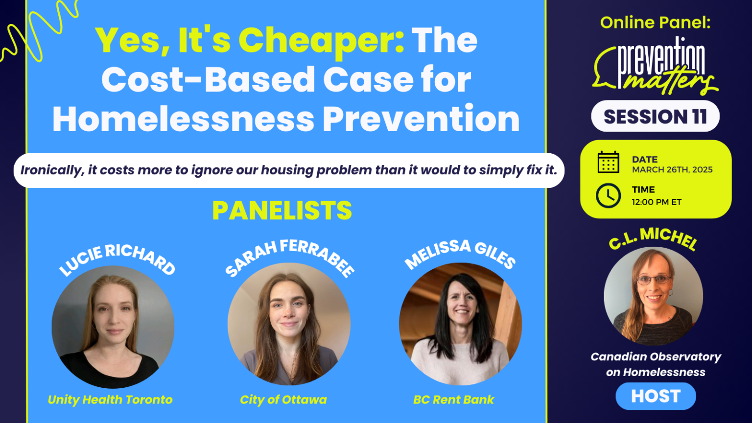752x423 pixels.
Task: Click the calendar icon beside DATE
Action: click(608, 163)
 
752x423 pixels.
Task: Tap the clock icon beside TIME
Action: click(608, 195)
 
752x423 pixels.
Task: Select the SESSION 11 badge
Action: click(655, 117)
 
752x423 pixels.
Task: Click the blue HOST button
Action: click(656, 396)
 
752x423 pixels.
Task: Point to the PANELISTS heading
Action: click(282, 211)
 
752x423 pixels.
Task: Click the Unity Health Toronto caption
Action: click(110, 399)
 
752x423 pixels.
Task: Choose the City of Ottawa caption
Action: click(283, 399)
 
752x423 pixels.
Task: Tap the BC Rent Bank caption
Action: click(453, 399)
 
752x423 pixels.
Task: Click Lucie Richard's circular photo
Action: click(113, 327)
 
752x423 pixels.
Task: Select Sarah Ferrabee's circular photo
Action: click(289, 324)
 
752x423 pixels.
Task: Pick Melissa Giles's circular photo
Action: click(460, 324)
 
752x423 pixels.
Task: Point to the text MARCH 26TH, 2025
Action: click(672, 170)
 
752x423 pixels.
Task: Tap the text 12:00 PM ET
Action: click(656, 202)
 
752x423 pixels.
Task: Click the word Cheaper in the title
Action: click(321, 40)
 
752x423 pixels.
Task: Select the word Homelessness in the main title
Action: click(184, 119)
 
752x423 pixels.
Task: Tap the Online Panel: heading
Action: click(655, 23)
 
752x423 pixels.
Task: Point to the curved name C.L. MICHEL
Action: click(653, 238)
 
